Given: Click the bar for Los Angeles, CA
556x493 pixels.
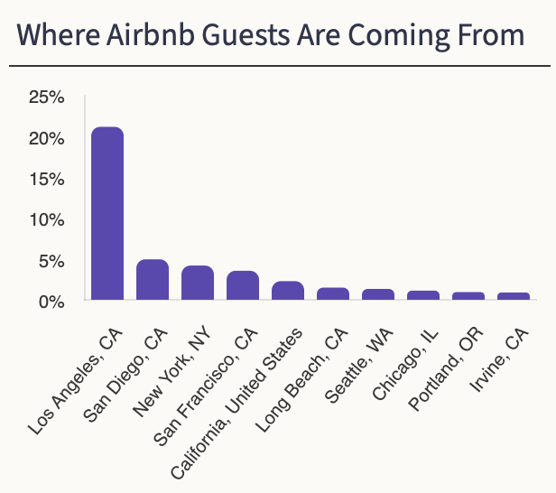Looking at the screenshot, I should click(107, 213).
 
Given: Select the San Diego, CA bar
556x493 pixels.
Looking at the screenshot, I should click(153, 280).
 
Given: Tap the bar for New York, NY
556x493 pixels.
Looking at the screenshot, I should click(198, 283).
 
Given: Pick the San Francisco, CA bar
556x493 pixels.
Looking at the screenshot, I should click(243, 285).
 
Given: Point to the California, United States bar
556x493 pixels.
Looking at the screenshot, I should click(288, 291).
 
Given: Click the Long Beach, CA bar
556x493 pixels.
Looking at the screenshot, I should click(333, 293).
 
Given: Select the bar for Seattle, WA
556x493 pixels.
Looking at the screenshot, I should click(378, 294).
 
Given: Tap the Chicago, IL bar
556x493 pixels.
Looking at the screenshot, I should click(423, 295).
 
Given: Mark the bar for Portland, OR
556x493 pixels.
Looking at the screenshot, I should click(468, 296).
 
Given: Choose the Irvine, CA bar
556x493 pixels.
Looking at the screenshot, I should click(514, 296).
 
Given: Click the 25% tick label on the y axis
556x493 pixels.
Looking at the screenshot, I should click(45, 98).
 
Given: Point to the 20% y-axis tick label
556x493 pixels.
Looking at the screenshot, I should click(45, 138).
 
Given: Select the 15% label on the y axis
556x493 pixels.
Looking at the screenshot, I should click(45, 179).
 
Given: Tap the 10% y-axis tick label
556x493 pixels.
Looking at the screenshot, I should click(45, 219).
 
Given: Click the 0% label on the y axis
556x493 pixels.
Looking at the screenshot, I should click(50, 301).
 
